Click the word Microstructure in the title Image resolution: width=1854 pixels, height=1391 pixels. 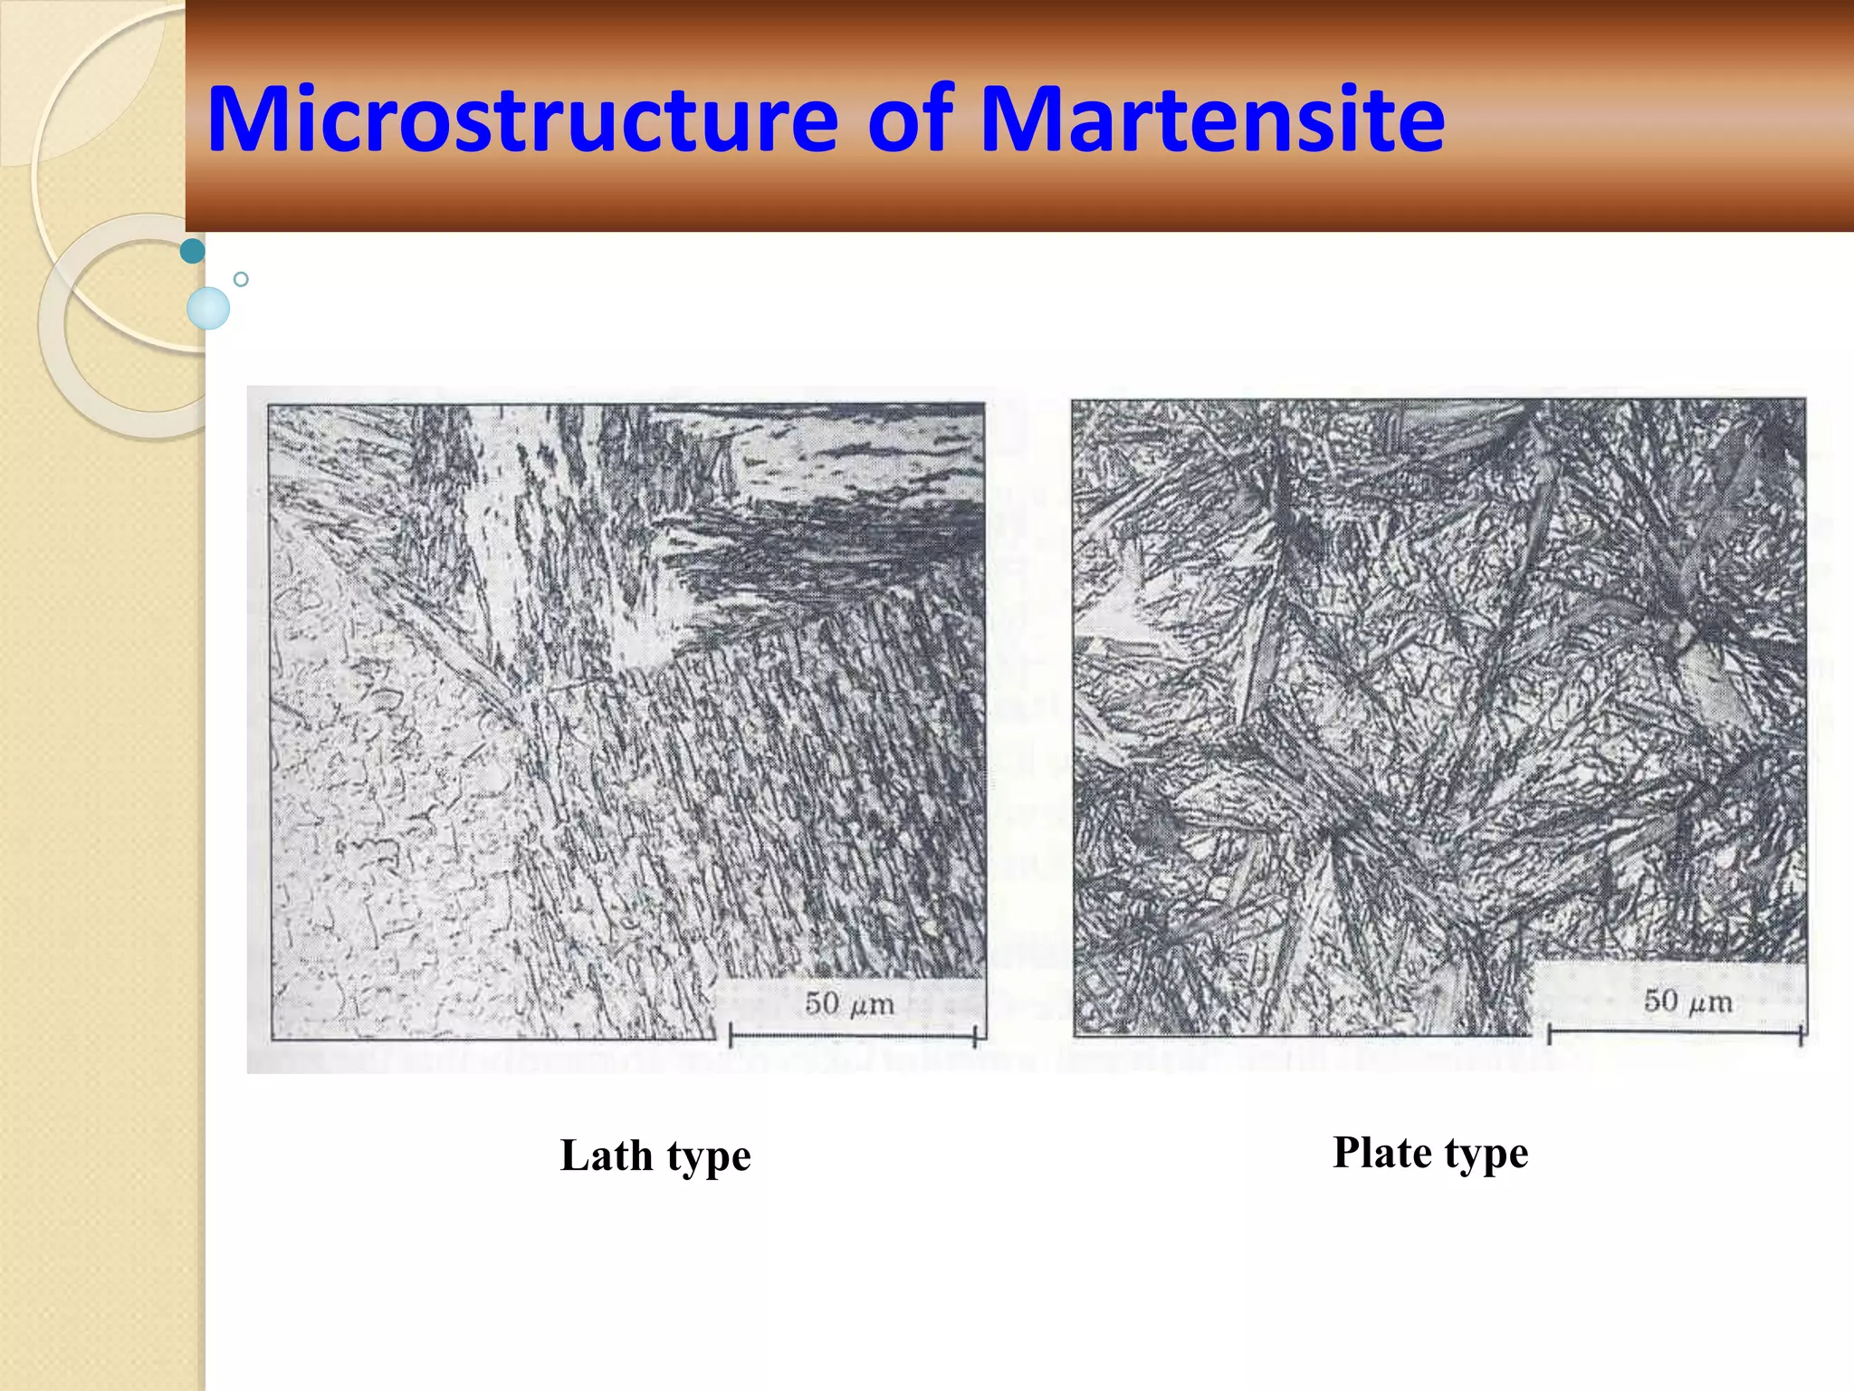tap(522, 120)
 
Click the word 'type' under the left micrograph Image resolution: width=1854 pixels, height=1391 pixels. tap(709, 1158)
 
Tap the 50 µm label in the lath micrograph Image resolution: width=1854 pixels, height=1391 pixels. tap(849, 1003)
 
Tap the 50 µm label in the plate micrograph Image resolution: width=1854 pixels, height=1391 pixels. tap(1688, 1001)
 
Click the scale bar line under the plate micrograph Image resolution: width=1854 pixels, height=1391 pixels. tap(1675, 1031)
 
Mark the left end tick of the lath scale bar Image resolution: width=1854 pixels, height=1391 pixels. tap(731, 1035)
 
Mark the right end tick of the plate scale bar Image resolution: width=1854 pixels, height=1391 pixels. tap(1801, 1032)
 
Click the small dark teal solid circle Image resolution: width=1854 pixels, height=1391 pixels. tap(193, 251)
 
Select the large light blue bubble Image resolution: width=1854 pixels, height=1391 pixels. tap(208, 308)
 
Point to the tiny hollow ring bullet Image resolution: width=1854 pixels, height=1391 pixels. tap(241, 279)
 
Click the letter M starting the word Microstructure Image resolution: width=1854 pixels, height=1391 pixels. tap(244, 120)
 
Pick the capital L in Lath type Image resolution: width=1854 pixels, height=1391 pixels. tap(574, 1156)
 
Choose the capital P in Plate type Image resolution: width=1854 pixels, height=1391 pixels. tap(1348, 1153)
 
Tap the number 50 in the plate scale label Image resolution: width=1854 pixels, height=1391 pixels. tap(1661, 1001)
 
